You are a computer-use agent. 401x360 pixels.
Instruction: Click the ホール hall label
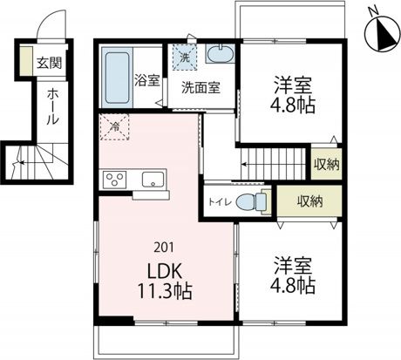pyautogui.click(x=52, y=105)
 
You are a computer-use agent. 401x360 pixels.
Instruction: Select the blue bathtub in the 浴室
pyautogui.click(x=117, y=76)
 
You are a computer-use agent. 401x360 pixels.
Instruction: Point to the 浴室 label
pyautogui.click(x=146, y=81)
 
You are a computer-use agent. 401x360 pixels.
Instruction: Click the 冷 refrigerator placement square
pyautogui.click(x=115, y=127)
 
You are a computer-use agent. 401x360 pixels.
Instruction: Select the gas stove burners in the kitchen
pyautogui.click(x=115, y=180)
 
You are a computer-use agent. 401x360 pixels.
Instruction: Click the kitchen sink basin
pyautogui.click(x=153, y=180)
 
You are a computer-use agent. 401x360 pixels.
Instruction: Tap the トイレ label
pyautogui.click(x=218, y=202)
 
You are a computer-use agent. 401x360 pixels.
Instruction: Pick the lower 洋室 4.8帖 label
pyautogui.click(x=291, y=275)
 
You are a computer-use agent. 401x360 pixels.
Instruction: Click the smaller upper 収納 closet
pyautogui.click(x=326, y=164)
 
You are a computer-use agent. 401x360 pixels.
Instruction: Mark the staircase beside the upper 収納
pyautogui.click(x=275, y=162)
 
